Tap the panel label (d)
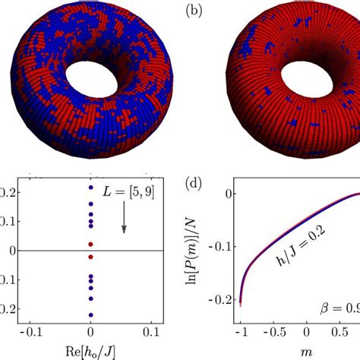(x=196, y=183)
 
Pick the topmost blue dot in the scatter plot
(x=91, y=187)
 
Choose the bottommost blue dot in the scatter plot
(x=91, y=314)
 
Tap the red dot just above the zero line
(x=91, y=244)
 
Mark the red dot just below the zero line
(x=91, y=257)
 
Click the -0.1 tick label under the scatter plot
(x=31, y=333)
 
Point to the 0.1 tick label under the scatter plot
(x=153, y=333)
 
